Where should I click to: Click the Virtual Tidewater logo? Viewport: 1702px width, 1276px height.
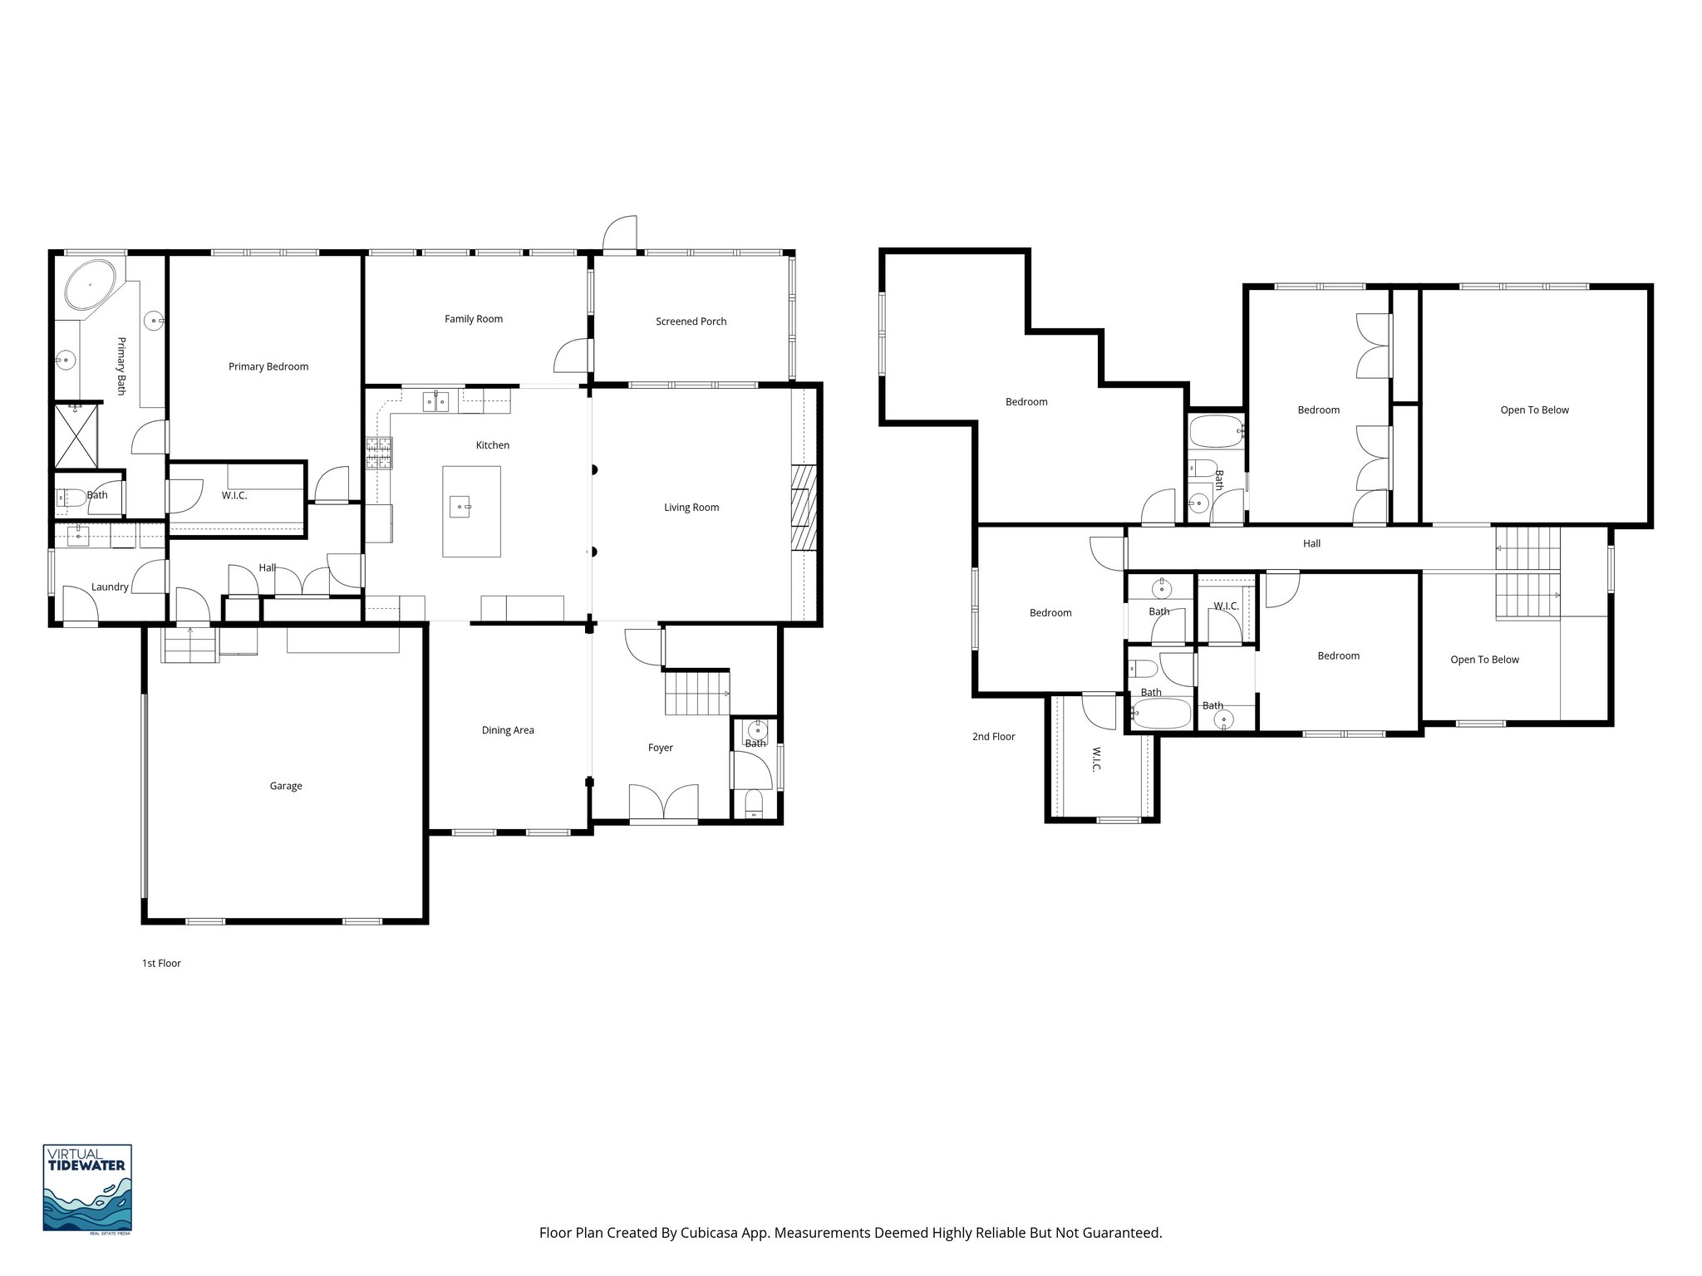(x=87, y=1188)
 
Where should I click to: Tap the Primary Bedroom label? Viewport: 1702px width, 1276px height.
(x=268, y=366)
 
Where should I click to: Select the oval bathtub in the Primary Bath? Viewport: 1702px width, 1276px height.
(x=90, y=286)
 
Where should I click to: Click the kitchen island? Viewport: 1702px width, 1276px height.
(x=471, y=511)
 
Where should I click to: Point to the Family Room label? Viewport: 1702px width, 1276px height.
(x=473, y=319)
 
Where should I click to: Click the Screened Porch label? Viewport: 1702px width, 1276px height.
(x=691, y=321)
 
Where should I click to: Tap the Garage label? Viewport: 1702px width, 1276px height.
(x=285, y=786)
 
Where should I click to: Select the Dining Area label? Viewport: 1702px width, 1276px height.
(x=508, y=730)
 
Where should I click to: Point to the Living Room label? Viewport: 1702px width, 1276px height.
(x=691, y=508)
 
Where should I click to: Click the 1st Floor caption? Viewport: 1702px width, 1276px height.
(x=161, y=964)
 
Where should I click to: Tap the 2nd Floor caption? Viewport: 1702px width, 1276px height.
(x=993, y=736)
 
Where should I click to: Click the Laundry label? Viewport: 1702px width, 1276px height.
(x=110, y=586)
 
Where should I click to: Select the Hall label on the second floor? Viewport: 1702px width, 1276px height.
(x=1311, y=543)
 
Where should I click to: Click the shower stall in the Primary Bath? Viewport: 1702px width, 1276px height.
(x=76, y=435)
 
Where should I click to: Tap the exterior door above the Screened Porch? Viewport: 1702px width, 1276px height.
(x=620, y=234)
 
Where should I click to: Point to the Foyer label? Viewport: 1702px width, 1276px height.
(x=660, y=748)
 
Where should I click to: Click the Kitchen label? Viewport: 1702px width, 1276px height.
(x=492, y=445)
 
